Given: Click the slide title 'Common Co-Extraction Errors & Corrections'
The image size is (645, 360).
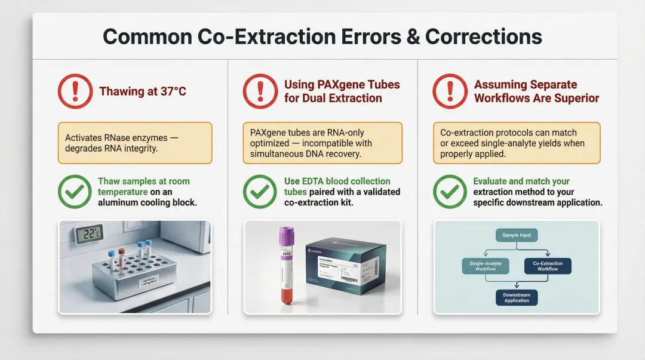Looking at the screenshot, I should click(322, 36).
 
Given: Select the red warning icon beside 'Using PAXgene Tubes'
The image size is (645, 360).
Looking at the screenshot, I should click(259, 92).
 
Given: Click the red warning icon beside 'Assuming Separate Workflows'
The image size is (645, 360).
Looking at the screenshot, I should click(449, 92).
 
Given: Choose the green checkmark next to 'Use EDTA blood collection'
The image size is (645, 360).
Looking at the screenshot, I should click(259, 192).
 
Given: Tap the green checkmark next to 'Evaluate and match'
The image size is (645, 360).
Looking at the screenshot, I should click(449, 192).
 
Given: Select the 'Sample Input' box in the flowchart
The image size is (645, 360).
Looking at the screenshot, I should click(517, 235).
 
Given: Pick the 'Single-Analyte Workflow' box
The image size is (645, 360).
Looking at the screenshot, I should click(486, 266).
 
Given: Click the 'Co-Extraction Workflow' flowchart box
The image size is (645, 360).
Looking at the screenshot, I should click(547, 266).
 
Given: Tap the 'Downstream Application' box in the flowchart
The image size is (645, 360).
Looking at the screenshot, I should click(517, 297).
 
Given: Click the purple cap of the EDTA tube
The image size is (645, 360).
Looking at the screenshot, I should click(287, 234).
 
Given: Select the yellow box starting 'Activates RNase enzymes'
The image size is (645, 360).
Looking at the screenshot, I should click(135, 143).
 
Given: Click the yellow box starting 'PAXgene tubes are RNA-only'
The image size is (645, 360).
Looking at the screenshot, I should click(322, 143).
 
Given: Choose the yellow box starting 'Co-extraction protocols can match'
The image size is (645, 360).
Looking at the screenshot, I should click(516, 143).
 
